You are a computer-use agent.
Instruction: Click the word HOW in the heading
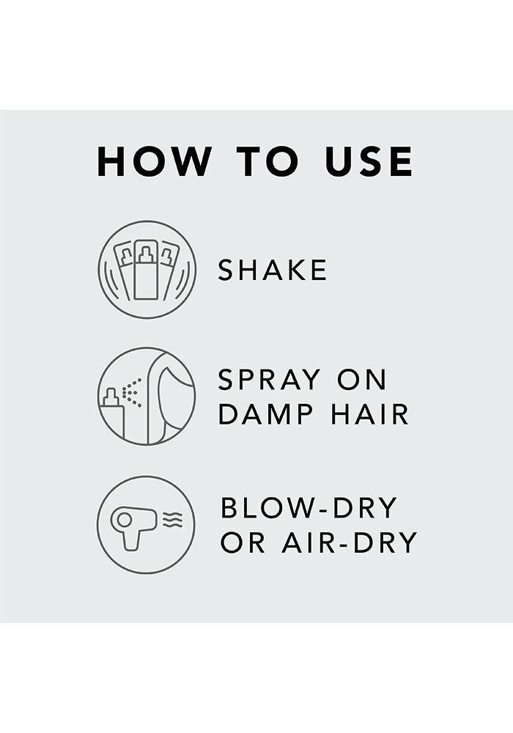[x=154, y=161]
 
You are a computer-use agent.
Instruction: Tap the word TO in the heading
[x=267, y=161]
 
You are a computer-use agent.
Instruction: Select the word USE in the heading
[x=369, y=161]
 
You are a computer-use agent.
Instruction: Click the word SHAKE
[x=273, y=270]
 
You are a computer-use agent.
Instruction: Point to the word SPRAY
[x=270, y=380]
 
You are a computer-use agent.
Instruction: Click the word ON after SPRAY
[x=362, y=380]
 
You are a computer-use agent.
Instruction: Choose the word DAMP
[x=266, y=414]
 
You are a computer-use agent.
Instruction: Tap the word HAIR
[x=369, y=414]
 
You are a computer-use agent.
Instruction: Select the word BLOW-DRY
[x=309, y=508]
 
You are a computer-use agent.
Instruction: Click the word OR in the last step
[x=243, y=542]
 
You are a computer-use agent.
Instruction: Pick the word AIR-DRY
[x=349, y=542]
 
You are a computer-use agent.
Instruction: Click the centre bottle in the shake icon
[x=146, y=270]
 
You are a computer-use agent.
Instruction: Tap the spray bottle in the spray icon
[x=112, y=416]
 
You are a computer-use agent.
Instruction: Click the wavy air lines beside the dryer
[x=172, y=520]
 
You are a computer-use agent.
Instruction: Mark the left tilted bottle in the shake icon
[x=124, y=269]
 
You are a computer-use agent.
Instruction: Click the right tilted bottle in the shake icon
[x=169, y=269]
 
